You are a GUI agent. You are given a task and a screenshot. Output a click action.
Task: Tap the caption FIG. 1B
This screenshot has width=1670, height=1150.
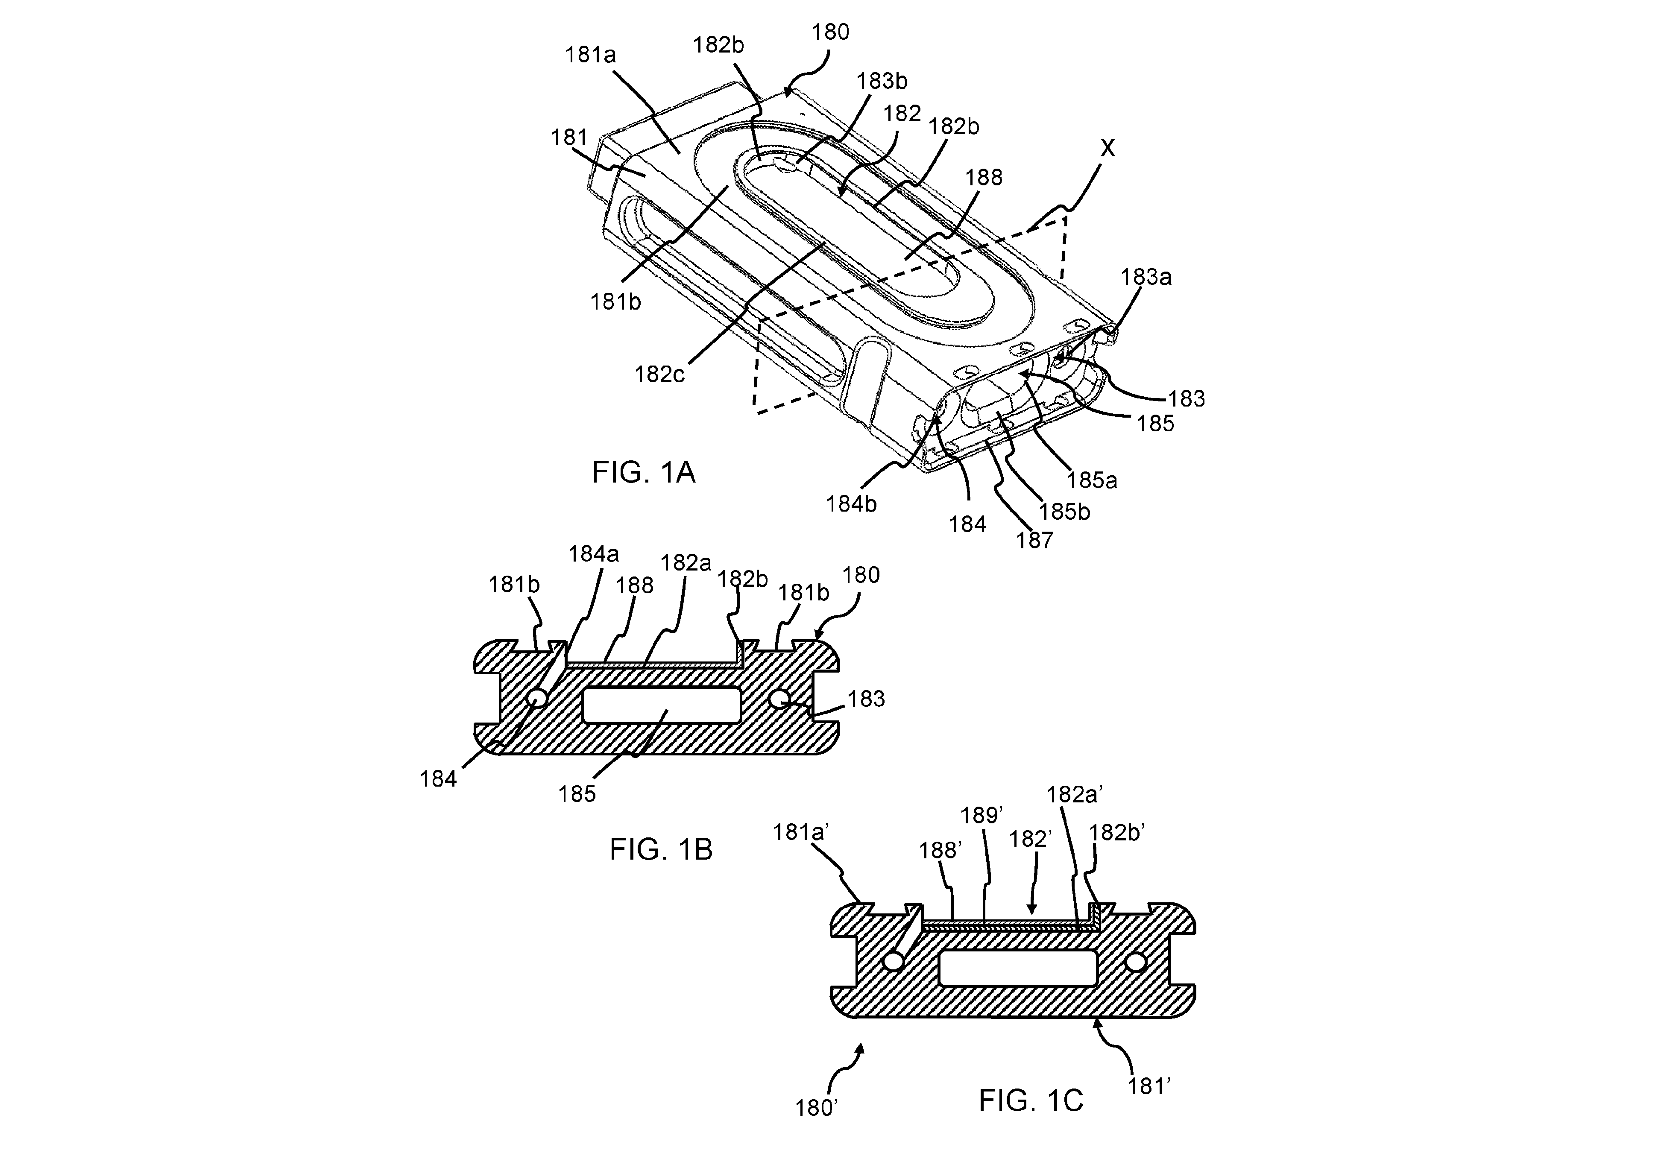661,849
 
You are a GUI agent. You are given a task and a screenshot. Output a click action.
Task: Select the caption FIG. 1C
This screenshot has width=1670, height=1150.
1031,1100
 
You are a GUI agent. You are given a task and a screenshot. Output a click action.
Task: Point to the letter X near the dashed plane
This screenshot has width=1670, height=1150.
1108,149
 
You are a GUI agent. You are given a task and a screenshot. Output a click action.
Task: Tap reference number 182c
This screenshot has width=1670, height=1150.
659,374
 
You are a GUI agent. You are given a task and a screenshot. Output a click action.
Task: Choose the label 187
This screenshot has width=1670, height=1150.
1034,540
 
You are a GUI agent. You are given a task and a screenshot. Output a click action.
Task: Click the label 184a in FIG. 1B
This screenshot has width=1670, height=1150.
593,554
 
